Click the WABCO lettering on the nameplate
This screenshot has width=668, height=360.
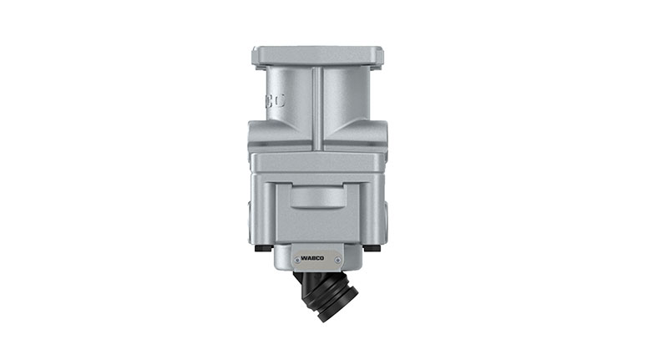318,258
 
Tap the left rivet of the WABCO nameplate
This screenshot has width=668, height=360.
296,259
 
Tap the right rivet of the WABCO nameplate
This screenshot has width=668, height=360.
340,259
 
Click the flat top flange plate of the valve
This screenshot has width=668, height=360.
317,56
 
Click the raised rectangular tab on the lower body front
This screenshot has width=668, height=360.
317,197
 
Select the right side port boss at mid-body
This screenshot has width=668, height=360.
382,134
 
